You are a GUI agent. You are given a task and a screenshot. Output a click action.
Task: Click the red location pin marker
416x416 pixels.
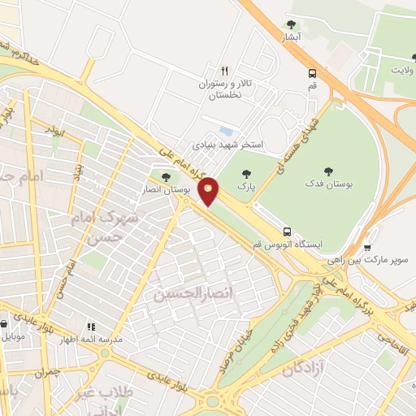click(x=209, y=191)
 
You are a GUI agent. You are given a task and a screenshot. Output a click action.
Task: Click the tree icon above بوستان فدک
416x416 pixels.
click(x=328, y=171)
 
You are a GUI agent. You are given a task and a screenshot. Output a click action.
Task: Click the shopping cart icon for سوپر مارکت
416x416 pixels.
click(x=367, y=247)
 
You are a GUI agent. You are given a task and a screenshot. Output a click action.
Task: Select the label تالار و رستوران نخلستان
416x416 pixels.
click(x=220, y=89)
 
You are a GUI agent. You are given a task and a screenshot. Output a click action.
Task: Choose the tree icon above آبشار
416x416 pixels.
click(x=292, y=24)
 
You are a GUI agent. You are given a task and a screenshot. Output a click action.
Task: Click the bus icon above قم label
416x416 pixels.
click(x=313, y=72)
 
